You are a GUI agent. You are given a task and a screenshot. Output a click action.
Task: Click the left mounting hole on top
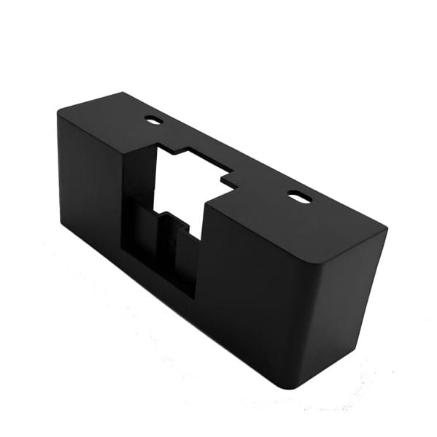click(153, 120)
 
